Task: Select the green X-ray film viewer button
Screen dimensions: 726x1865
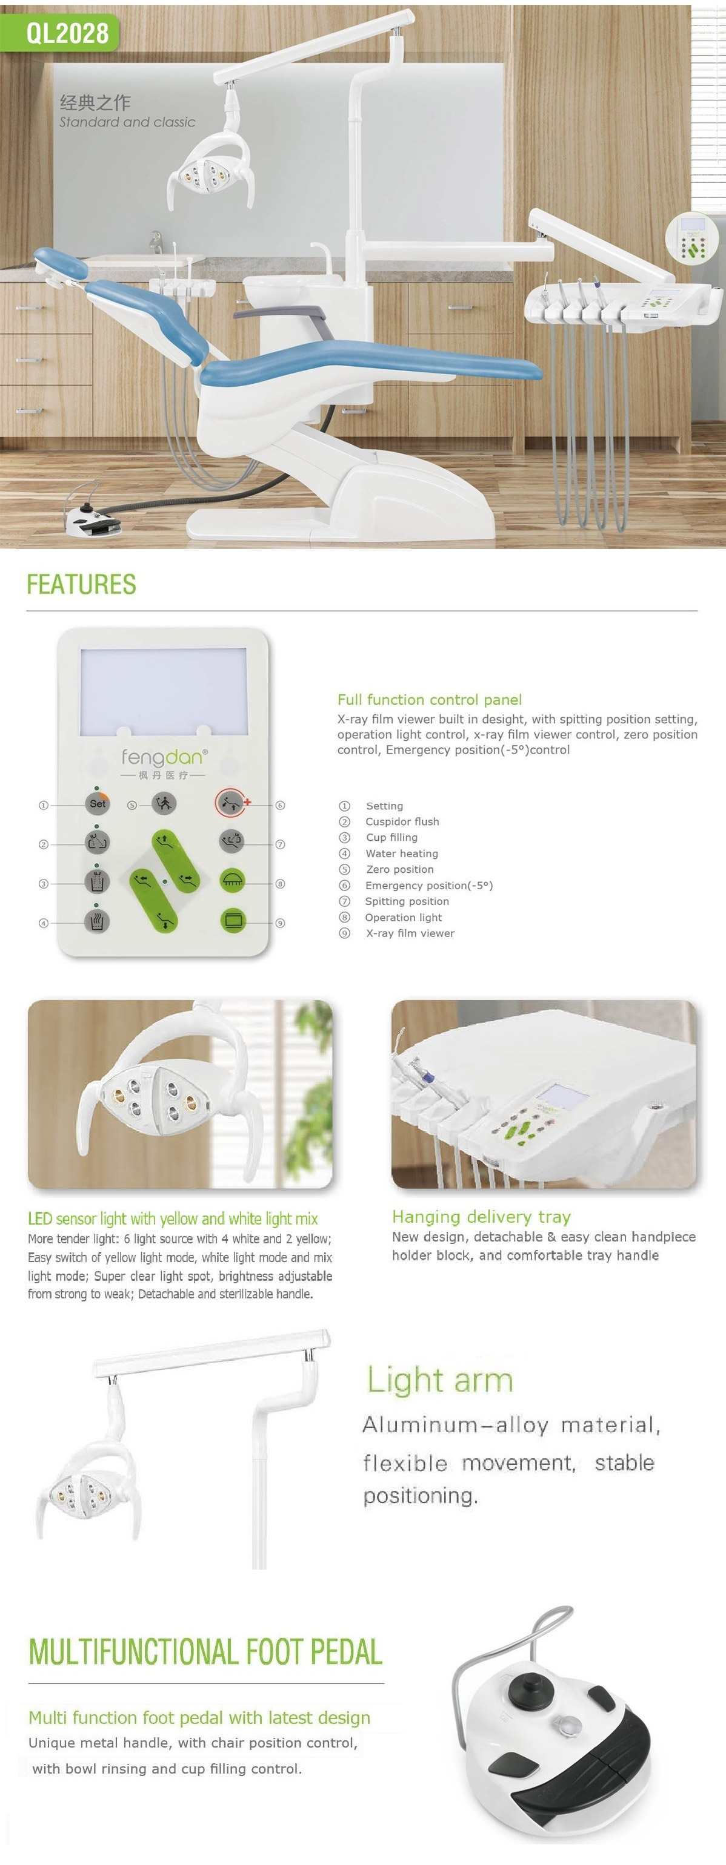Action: (x=233, y=920)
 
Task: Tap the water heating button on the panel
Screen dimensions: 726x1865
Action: (x=97, y=921)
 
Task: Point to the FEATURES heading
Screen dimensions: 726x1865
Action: (x=81, y=584)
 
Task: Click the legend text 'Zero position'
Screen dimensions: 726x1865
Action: (x=400, y=869)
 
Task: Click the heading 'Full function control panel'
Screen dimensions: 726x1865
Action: (x=430, y=699)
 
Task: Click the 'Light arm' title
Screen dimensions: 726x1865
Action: (x=440, y=1380)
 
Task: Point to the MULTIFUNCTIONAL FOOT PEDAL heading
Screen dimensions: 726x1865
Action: (x=205, y=1651)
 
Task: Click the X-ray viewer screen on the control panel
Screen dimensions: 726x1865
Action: (x=163, y=691)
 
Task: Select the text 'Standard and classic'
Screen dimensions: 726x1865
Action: (x=127, y=122)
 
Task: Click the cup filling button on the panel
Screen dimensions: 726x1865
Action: (x=97, y=881)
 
